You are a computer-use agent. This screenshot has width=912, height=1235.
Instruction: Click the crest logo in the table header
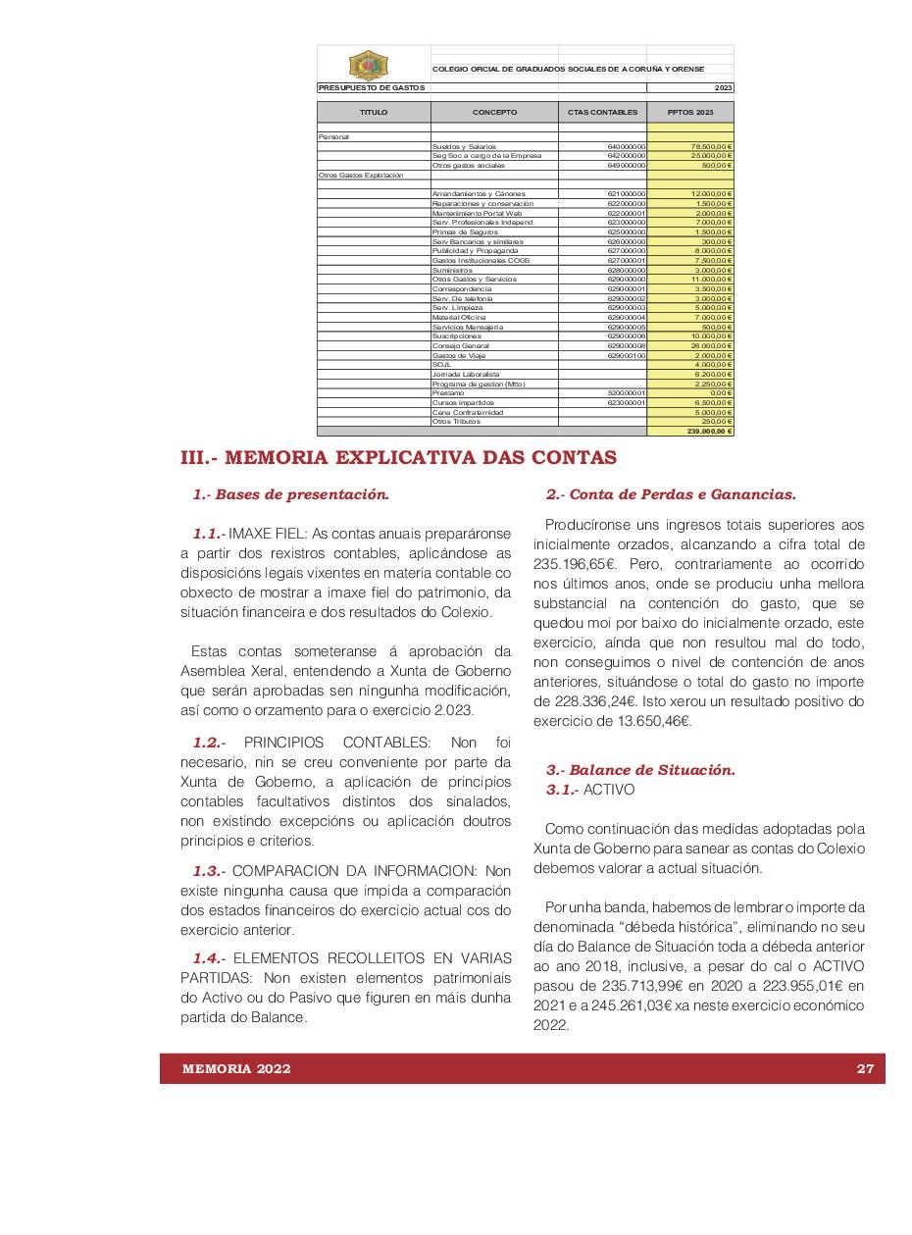[368, 65]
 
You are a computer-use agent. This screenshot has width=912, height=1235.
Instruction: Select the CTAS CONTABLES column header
[602, 113]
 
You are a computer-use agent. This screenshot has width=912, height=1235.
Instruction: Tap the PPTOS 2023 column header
[690, 113]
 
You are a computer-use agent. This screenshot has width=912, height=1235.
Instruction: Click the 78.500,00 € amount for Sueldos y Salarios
[712, 146]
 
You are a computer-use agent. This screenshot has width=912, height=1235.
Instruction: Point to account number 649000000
[627, 166]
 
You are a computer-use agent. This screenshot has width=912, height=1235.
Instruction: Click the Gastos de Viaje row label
[452, 356]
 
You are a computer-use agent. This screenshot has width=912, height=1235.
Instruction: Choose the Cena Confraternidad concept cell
[467, 413]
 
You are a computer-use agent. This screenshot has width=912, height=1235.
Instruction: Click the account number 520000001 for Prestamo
[627, 393]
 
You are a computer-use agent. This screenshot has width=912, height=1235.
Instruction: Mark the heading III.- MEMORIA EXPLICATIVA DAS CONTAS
[399, 457]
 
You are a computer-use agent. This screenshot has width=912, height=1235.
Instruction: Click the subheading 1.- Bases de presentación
[290, 495]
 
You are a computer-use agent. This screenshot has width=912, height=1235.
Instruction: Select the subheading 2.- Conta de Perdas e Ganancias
[671, 495]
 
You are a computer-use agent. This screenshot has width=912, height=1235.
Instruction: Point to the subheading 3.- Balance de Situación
[640, 770]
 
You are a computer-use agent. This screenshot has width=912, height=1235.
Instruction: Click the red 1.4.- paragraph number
[209, 958]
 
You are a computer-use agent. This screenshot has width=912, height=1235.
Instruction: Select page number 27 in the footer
[865, 1069]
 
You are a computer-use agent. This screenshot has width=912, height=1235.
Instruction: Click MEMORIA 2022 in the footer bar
[236, 1069]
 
